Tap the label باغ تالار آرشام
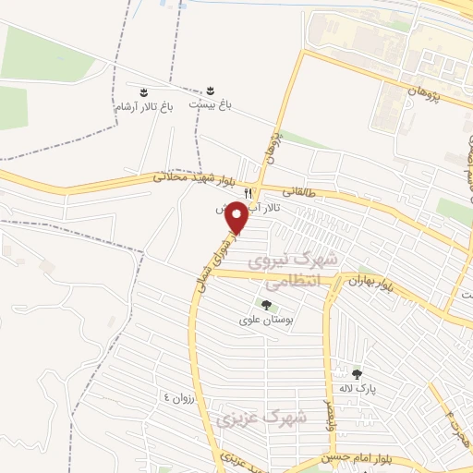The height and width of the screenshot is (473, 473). click(x=143, y=107)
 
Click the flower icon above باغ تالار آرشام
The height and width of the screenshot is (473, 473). click(x=143, y=91)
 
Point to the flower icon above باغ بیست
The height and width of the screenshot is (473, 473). click(x=211, y=91)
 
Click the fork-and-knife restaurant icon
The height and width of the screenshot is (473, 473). click(x=248, y=191)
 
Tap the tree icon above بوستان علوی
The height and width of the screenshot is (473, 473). click(x=266, y=305)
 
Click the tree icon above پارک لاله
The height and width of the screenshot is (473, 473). click(x=358, y=374)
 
